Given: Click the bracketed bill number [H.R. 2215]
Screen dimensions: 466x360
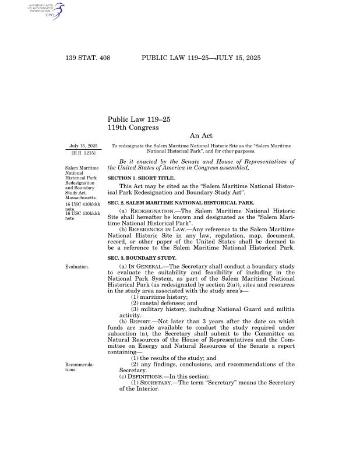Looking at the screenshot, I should pyautogui.click(x=83, y=152).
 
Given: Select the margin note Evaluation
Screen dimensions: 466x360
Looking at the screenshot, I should pyautogui.click(x=77, y=266).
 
